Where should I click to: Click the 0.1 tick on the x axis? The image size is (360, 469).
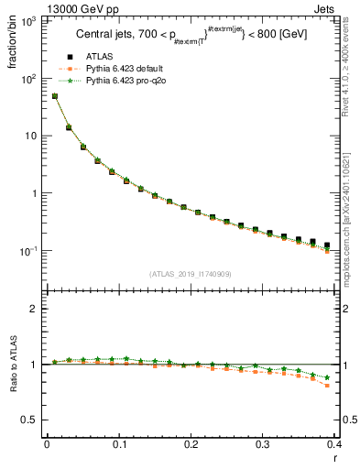point(119,444)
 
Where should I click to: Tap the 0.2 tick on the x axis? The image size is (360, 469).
point(191,444)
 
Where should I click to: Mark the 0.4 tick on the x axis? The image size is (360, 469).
point(335,444)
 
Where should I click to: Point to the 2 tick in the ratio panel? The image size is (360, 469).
point(35,309)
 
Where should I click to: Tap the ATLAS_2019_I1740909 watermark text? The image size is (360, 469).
point(191,274)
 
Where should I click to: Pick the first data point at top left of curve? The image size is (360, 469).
point(55,96)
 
